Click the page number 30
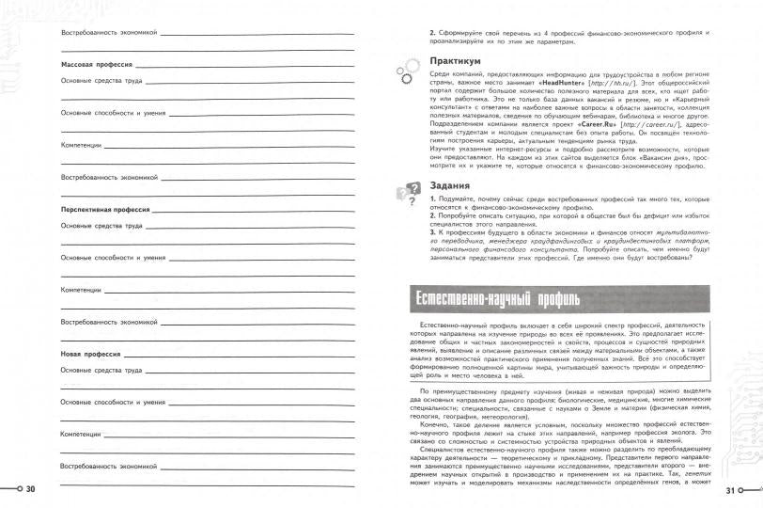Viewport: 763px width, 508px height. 30,489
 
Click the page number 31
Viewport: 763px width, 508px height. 733,489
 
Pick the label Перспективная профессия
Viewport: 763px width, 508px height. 106,210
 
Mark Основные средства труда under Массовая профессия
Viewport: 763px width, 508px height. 101,82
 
